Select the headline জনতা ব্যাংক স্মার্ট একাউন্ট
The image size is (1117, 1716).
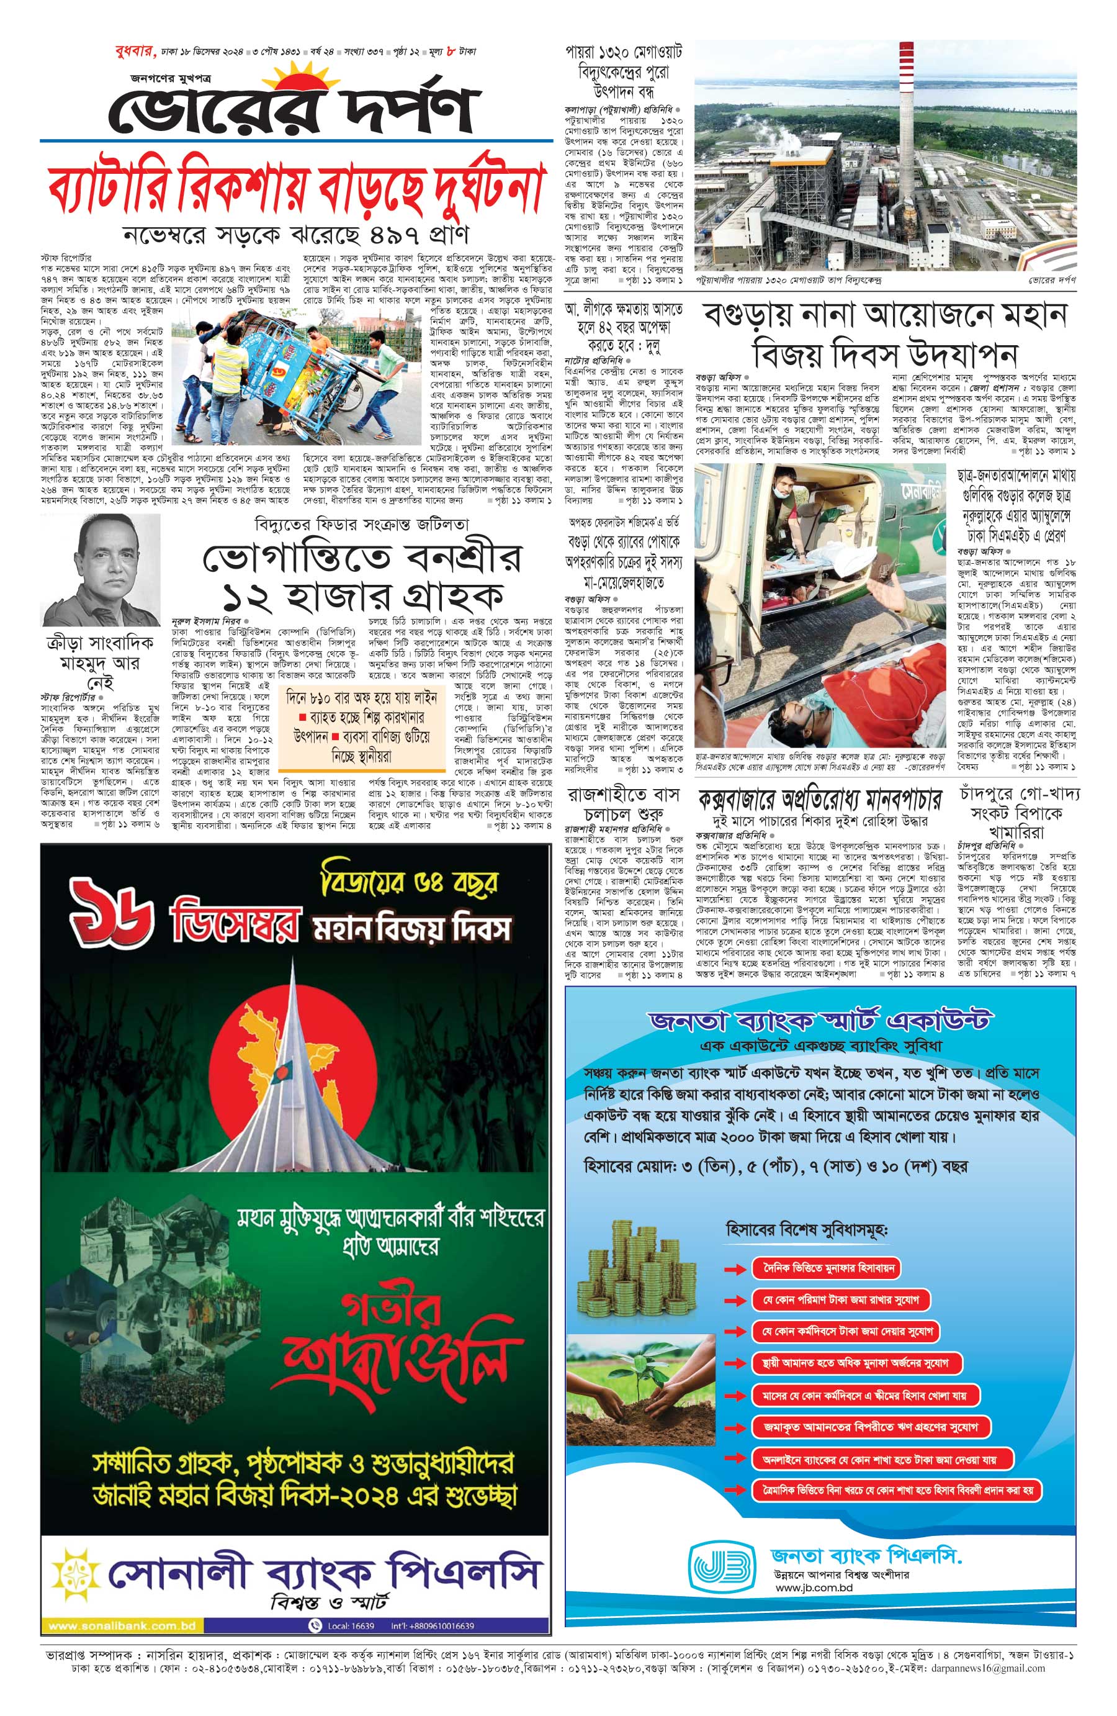tap(820, 1020)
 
